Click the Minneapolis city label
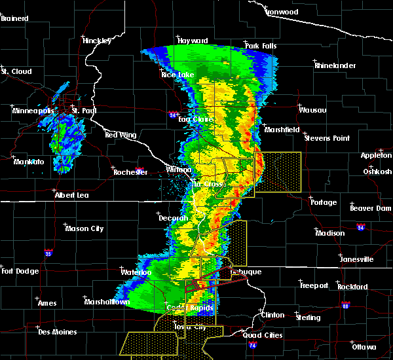point(35,111)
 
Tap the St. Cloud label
point(16,71)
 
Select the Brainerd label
point(14,18)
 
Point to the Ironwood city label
point(282,12)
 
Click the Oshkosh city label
point(377,171)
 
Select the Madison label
point(330,233)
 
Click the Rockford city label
point(352,286)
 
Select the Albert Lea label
point(73,195)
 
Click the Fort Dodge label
point(19,271)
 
